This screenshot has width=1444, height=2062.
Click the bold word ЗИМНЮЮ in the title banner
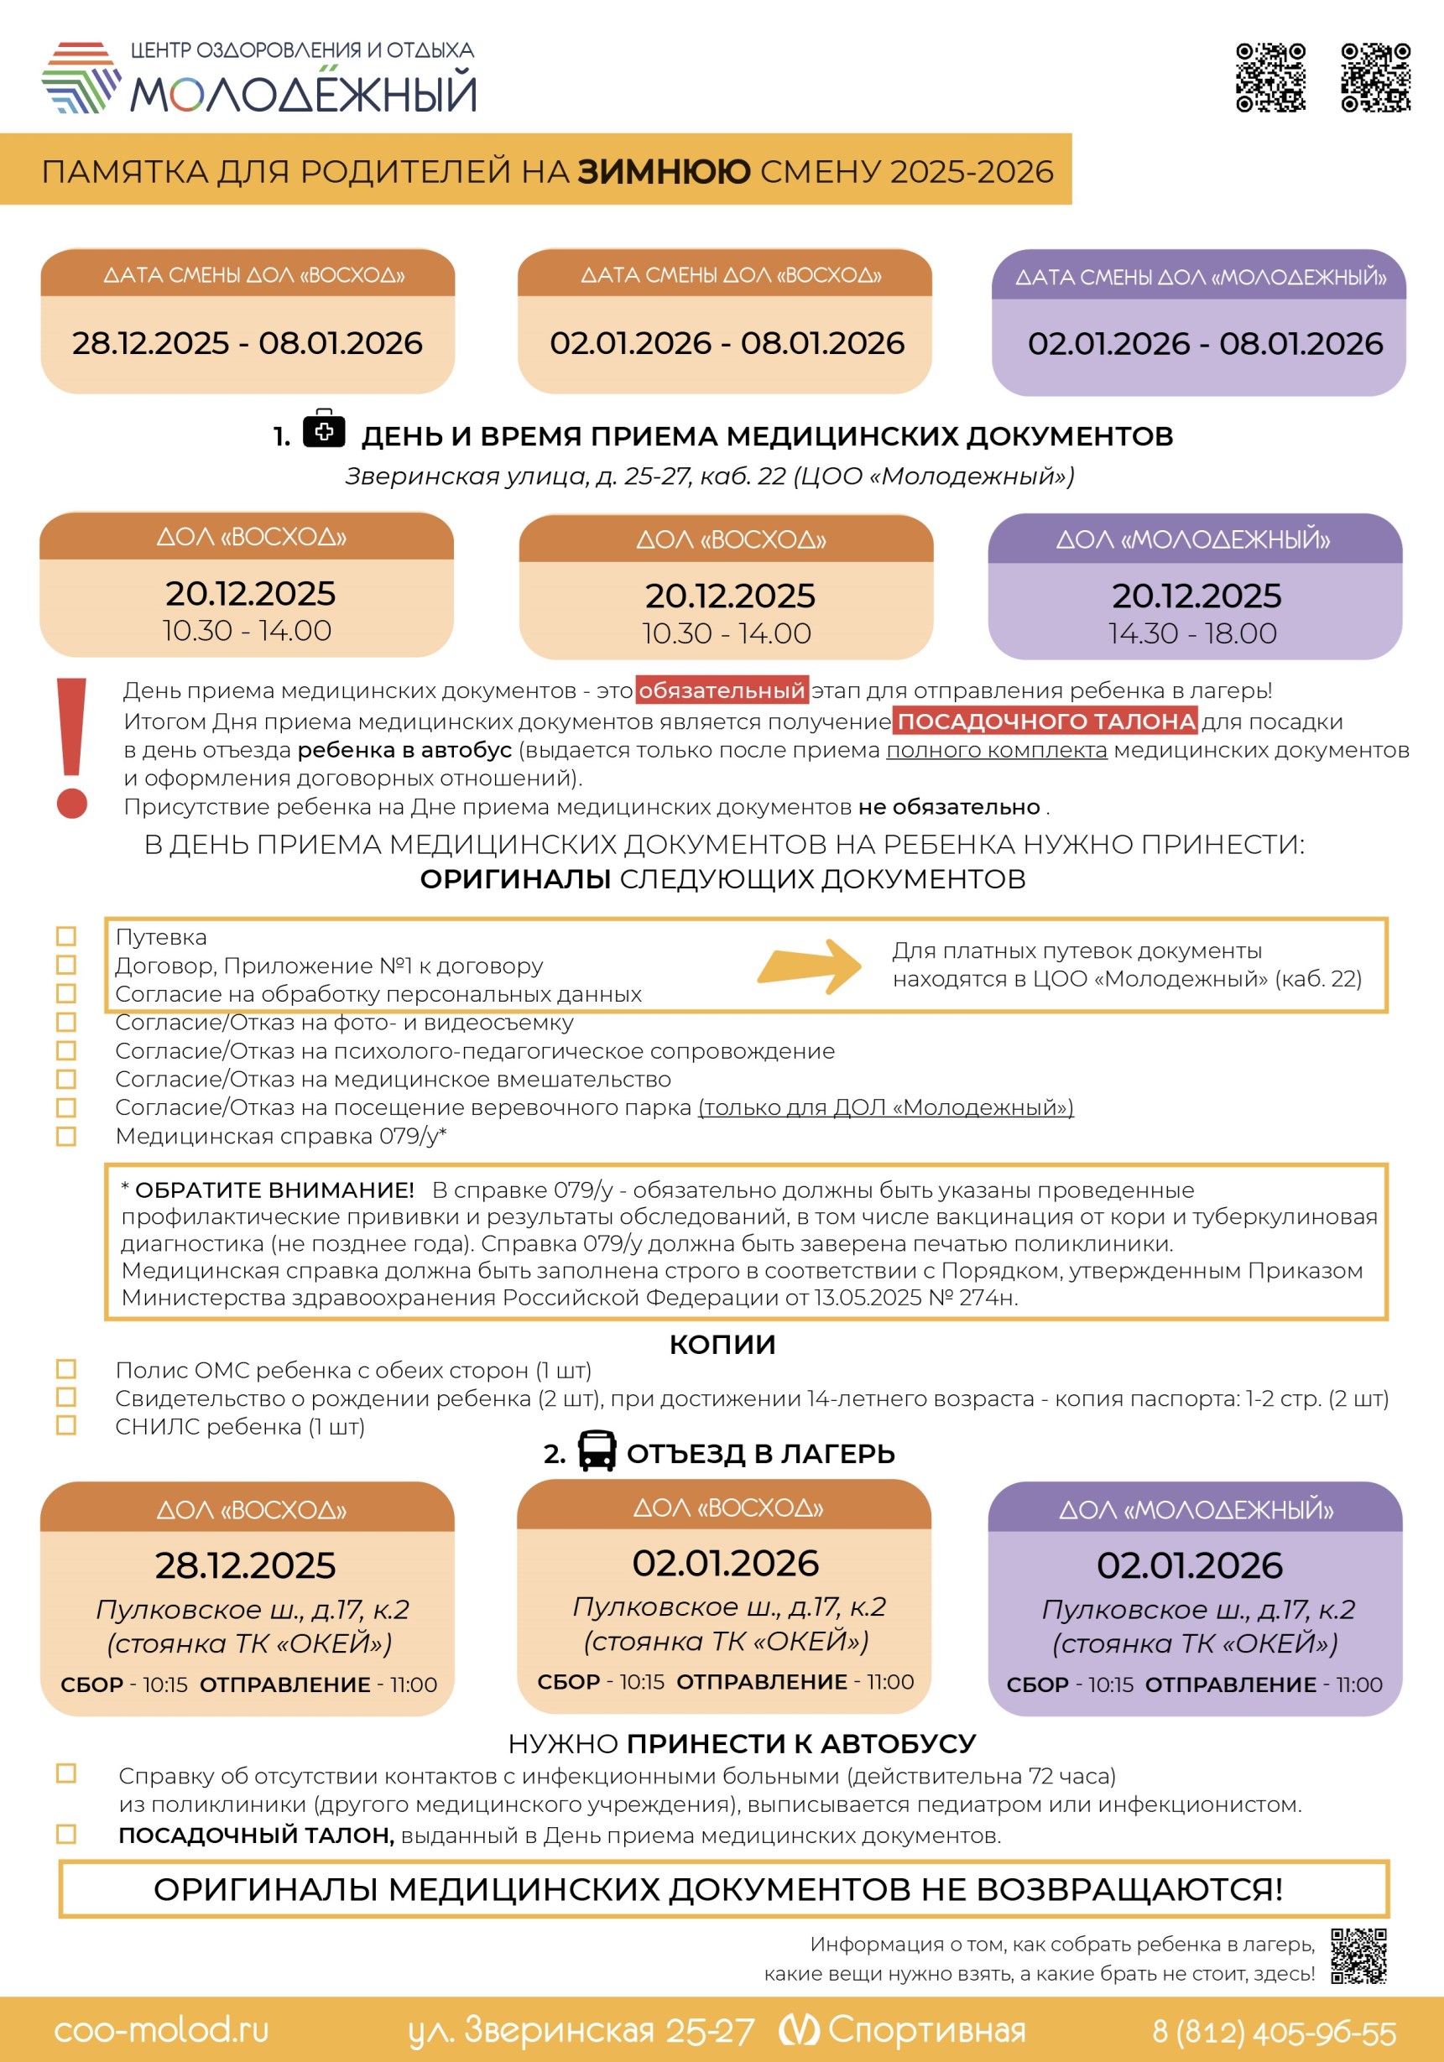(x=663, y=171)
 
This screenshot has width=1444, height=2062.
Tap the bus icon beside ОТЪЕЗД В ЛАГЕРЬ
(x=597, y=1450)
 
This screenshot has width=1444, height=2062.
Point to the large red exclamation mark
(x=72, y=747)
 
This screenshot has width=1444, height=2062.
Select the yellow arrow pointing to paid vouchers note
(x=809, y=966)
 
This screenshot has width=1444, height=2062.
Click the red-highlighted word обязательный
(x=721, y=690)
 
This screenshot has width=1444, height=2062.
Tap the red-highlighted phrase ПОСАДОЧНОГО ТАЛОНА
(x=1045, y=721)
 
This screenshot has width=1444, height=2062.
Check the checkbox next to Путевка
(x=66, y=936)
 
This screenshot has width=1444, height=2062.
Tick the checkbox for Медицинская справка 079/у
(x=66, y=1136)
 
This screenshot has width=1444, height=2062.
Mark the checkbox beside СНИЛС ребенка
(x=66, y=1425)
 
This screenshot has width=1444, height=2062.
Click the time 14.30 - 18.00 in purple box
(x=1192, y=633)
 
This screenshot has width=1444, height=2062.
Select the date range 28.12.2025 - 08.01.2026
(x=247, y=343)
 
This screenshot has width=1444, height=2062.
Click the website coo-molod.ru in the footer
(x=162, y=2029)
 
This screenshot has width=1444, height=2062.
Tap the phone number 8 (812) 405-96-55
(x=1275, y=2031)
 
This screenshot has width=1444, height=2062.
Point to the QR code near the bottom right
(x=1358, y=1956)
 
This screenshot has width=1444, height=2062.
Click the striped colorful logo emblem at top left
(x=81, y=77)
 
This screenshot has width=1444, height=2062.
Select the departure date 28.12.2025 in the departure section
(x=245, y=1565)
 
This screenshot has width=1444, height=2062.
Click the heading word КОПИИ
(x=722, y=1345)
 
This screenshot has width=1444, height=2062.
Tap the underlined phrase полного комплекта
(x=996, y=750)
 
